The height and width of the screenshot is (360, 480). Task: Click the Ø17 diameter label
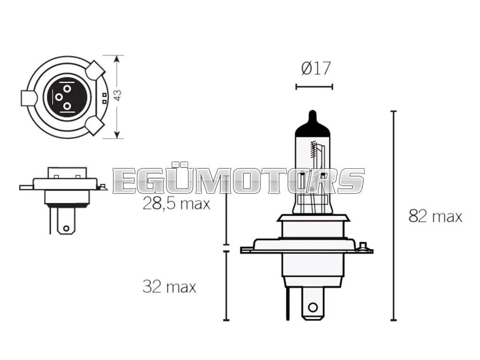(x=316, y=68)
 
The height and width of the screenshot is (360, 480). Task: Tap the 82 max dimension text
(x=435, y=217)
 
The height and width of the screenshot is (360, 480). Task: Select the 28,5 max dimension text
(x=176, y=203)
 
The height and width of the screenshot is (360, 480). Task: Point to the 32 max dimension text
(x=169, y=287)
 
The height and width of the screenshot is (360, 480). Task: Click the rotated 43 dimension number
(x=118, y=95)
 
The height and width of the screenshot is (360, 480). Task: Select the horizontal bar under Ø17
(x=314, y=87)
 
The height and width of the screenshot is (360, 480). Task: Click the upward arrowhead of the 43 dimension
(x=116, y=59)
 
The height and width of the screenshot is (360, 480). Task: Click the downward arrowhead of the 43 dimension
(x=116, y=135)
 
